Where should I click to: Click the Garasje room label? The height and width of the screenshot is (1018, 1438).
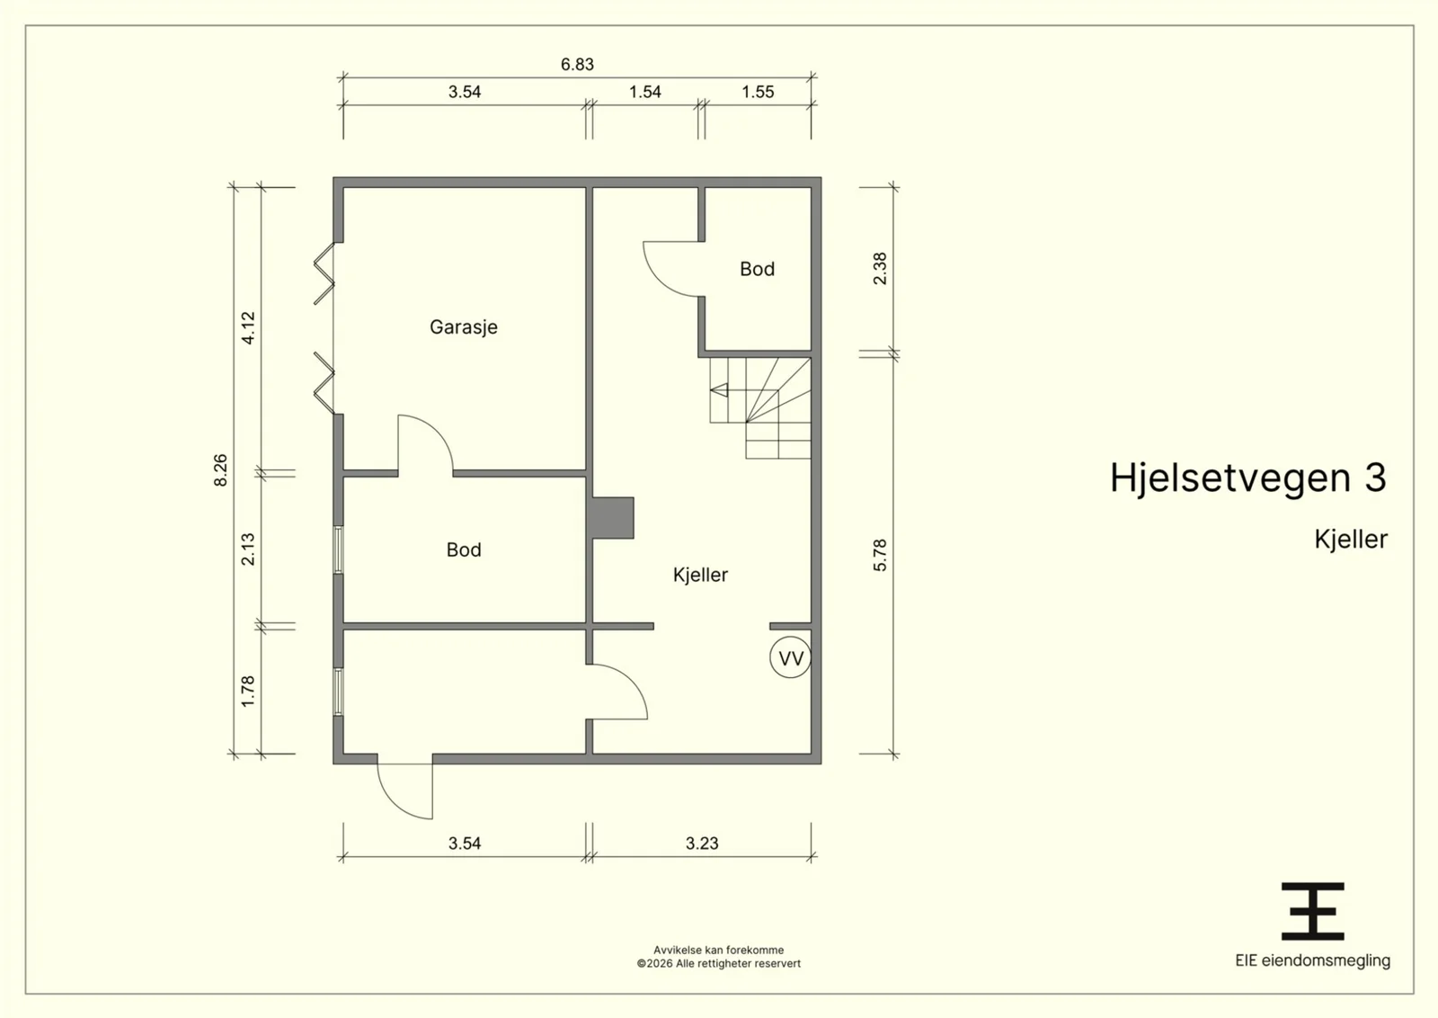tap(464, 327)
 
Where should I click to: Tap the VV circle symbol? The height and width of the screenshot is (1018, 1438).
tap(790, 657)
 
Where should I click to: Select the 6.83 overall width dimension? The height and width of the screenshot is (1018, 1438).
tap(577, 64)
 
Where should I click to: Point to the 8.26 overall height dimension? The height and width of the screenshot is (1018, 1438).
tap(220, 470)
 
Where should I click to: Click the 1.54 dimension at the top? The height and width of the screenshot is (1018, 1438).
tap(644, 92)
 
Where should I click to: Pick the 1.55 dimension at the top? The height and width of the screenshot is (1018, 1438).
tap(758, 92)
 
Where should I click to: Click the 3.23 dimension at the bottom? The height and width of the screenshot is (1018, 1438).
tap(702, 843)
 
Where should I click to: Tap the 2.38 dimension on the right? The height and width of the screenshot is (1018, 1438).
tap(880, 269)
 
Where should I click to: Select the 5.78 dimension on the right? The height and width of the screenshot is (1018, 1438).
tap(880, 555)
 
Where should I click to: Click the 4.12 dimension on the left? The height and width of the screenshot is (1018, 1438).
tap(248, 327)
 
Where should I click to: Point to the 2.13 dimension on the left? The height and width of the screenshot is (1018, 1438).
tap(248, 549)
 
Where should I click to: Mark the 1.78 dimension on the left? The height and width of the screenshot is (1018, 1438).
tap(248, 691)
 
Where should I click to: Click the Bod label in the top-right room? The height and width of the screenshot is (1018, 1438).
tap(757, 269)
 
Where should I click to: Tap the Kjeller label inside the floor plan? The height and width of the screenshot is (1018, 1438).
tap(700, 574)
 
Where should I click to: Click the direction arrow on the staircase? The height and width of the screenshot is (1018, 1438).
tap(718, 390)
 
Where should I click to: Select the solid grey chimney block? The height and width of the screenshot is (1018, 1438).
tap(612, 518)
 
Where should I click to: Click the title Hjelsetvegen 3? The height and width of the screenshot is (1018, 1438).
tap(1248, 478)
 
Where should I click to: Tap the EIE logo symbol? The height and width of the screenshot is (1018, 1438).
tap(1312, 911)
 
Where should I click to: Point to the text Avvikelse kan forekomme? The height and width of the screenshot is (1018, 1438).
tap(718, 950)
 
